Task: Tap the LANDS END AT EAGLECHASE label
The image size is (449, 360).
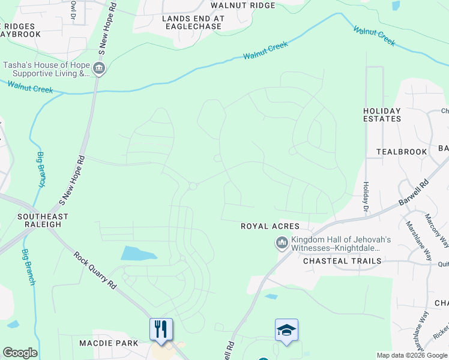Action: (x=193, y=23)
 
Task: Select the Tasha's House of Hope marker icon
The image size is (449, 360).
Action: (x=99, y=69)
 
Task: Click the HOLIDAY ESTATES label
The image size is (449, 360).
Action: (x=382, y=115)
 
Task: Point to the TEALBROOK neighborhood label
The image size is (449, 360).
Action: (x=402, y=152)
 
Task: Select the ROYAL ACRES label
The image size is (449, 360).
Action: (x=270, y=226)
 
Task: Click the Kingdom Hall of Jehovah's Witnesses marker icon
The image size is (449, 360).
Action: (x=281, y=243)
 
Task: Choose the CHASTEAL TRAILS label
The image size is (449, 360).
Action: (x=342, y=261)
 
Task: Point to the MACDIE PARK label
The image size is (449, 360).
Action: (x=109, y=343)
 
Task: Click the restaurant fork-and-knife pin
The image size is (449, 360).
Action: (x=161, y=329)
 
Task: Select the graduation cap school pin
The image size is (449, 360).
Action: (x=286, y=330)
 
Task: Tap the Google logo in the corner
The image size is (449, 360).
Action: (x=20, y=353)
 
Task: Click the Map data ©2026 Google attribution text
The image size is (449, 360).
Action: (x=412, y=356)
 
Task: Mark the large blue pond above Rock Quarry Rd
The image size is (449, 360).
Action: (x=138, y=253)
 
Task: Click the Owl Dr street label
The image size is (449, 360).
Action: (x=73, y=8)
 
